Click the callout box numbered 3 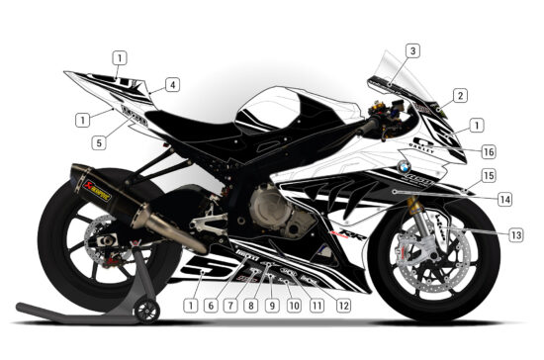click(412, 50)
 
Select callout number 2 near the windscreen click(460, 96)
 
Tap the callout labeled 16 click(488, 151)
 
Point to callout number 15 click(488, 175)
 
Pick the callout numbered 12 click(343, 306)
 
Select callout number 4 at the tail click(172, 85)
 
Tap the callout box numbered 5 click(99, 142)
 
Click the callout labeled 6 click(209, 306)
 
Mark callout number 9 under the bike click(272, 306)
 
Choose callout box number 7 click(229, 306)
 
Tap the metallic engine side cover click(272, 206)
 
